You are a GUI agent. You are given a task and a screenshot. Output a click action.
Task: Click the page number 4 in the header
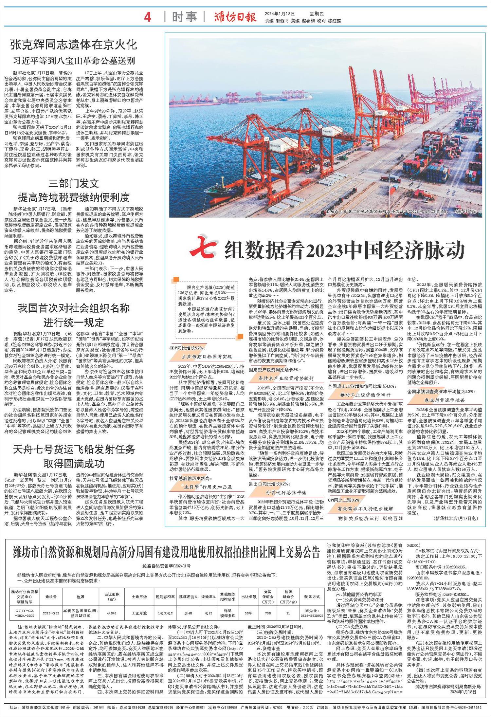coord(148,17)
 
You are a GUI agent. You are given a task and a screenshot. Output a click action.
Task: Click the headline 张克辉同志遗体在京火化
coord(73,44)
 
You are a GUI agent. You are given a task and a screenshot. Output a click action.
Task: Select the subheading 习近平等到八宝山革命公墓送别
coord(74,61)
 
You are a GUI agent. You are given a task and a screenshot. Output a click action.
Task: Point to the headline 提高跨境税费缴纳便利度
coord(74,197)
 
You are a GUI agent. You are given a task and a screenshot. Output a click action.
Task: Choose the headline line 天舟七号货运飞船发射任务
coord(74,449)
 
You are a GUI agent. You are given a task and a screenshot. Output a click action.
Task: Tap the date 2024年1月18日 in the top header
coord(280,14)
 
